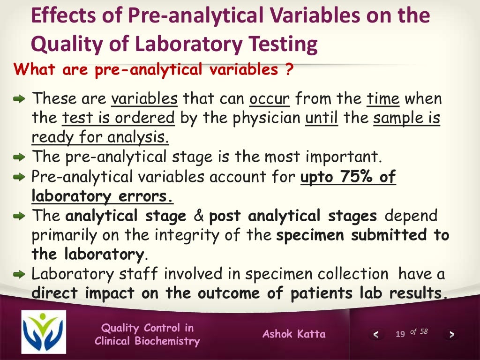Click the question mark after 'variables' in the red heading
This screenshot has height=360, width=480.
tap(289, 70)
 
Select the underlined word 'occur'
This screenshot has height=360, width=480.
tap(270, 99)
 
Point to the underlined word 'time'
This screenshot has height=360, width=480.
tap(383, 99)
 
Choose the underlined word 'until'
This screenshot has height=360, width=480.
tap(322, 118)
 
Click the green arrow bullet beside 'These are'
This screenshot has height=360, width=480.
tap(19, 99)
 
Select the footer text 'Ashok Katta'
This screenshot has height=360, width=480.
tap(294, 334)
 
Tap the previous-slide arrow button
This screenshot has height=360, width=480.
tap(375, 334)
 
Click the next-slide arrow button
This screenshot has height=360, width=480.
tap(451, 334)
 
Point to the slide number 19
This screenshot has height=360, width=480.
tap(400, 334)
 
